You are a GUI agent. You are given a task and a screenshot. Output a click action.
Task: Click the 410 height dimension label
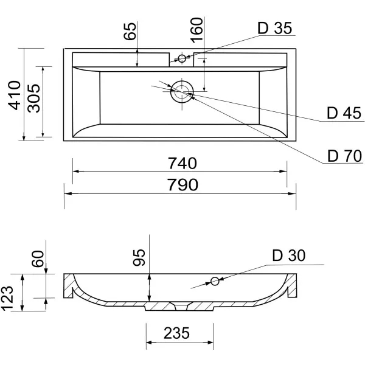15,95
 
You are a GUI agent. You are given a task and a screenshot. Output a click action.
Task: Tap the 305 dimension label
33,98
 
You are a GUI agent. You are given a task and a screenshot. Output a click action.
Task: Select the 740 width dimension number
182,163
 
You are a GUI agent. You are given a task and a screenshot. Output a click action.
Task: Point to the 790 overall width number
182,184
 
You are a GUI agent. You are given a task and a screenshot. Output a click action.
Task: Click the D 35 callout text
275,28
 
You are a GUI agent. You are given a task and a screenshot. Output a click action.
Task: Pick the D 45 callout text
344,113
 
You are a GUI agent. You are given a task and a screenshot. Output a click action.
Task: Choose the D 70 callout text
344,156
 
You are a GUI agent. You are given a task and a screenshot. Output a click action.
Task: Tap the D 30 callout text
288,255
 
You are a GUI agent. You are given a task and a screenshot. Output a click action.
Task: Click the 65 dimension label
130,31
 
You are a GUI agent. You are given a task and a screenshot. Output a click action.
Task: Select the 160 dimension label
196,30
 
